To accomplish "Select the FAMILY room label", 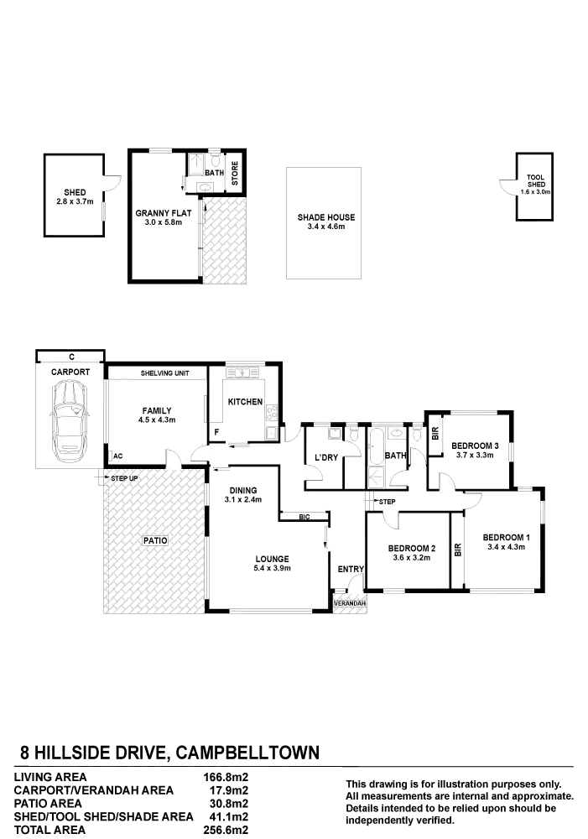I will pos(157,410).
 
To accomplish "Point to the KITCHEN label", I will pos(246,403).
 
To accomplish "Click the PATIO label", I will pos(154,541).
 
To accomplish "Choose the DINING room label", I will pos(242,491).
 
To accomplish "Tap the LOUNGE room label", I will pos(273,560).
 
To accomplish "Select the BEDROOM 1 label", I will pos(506,537).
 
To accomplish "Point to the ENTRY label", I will pos(351,570).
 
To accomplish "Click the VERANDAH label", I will pos(351,603).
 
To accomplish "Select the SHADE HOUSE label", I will pos(325,217).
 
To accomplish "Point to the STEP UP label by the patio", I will pos(122,478).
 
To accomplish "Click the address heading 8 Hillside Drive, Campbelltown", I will pos(168,753).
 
